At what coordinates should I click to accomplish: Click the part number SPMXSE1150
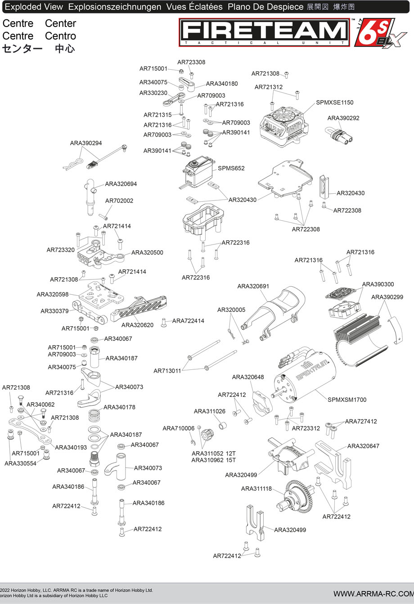335,102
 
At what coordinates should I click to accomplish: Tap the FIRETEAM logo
265,31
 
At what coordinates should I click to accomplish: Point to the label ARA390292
343,118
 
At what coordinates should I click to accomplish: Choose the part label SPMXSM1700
347,400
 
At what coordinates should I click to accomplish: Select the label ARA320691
253,286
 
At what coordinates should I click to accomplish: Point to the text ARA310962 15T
214,460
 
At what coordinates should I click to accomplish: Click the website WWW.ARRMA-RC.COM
373,593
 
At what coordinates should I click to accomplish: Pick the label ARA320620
138,325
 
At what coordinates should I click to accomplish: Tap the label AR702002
119,201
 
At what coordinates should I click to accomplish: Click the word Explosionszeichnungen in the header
115,7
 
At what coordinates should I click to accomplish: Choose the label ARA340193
71,447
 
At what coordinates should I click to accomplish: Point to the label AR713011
167,371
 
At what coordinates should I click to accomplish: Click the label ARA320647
363,446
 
